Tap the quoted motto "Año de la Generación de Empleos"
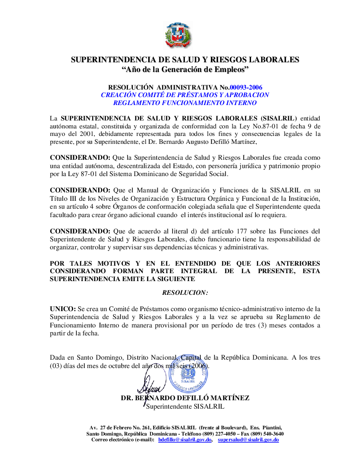coord(185,69)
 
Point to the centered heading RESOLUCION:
coord(185,293)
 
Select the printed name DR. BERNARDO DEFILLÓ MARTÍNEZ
coord(185,398)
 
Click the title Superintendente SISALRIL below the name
coord(185,406)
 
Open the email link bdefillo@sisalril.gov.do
coord(185,440)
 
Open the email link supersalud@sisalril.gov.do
coord(248,440)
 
